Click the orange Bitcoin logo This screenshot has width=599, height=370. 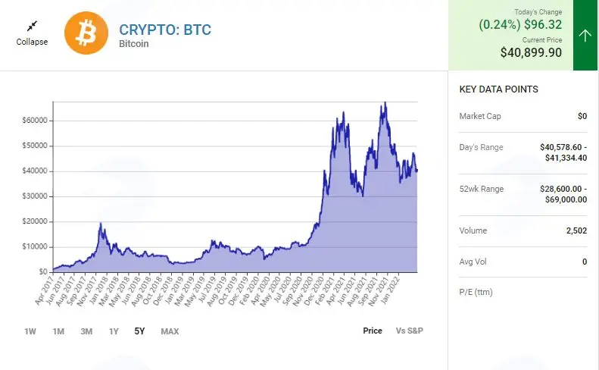[86, 33]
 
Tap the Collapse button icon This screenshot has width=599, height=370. [32, 26]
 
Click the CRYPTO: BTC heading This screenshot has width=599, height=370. [165, 30]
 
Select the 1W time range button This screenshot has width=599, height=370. [30, 331]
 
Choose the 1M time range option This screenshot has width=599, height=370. [58, 331]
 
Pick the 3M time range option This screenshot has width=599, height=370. [86, 331]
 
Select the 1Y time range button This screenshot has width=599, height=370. [114, 331]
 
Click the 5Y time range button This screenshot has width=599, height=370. [139, 331]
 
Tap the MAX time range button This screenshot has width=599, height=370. [170, 331]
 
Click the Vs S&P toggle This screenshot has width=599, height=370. [410, 331]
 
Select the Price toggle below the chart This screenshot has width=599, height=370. [373, 331]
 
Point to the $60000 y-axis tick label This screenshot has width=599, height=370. [35, 120]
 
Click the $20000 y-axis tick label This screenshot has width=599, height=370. [35, 221]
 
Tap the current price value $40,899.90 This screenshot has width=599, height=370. [531, 52]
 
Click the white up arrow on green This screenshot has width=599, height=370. [585, 36]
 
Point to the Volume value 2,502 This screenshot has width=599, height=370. [576, 230]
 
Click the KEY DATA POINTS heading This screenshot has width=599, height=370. [498, 89]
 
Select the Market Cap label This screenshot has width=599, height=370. [480, 116]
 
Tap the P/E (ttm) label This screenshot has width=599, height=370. [476, 293]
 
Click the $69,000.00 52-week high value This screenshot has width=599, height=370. [566, 199]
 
